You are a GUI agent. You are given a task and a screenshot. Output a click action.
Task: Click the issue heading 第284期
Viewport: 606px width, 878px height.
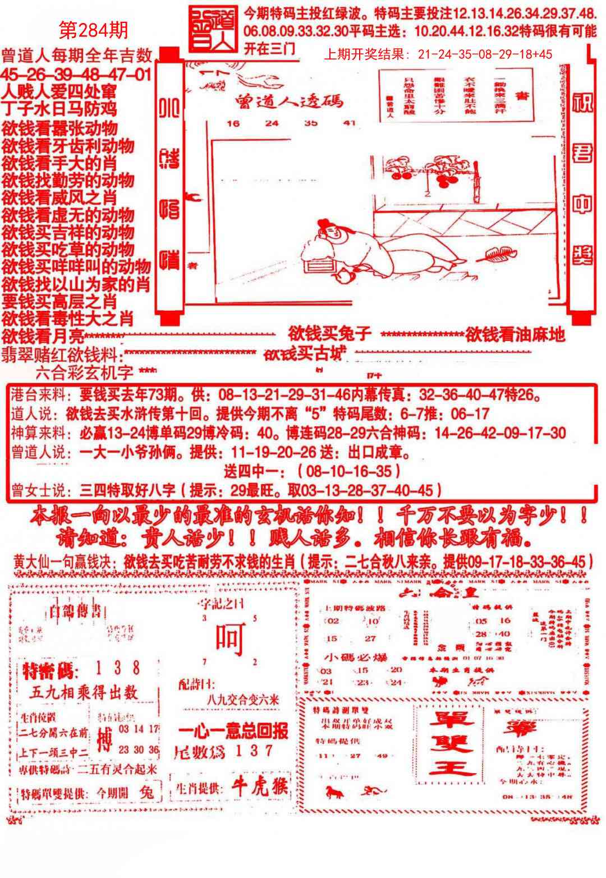(94, 30)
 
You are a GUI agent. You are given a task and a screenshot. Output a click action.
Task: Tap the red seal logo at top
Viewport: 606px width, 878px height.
(213, 29)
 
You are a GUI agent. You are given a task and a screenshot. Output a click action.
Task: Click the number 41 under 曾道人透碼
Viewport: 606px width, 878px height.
(350, 123)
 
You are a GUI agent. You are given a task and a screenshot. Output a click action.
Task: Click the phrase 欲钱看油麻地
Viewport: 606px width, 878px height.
(515, 335)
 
